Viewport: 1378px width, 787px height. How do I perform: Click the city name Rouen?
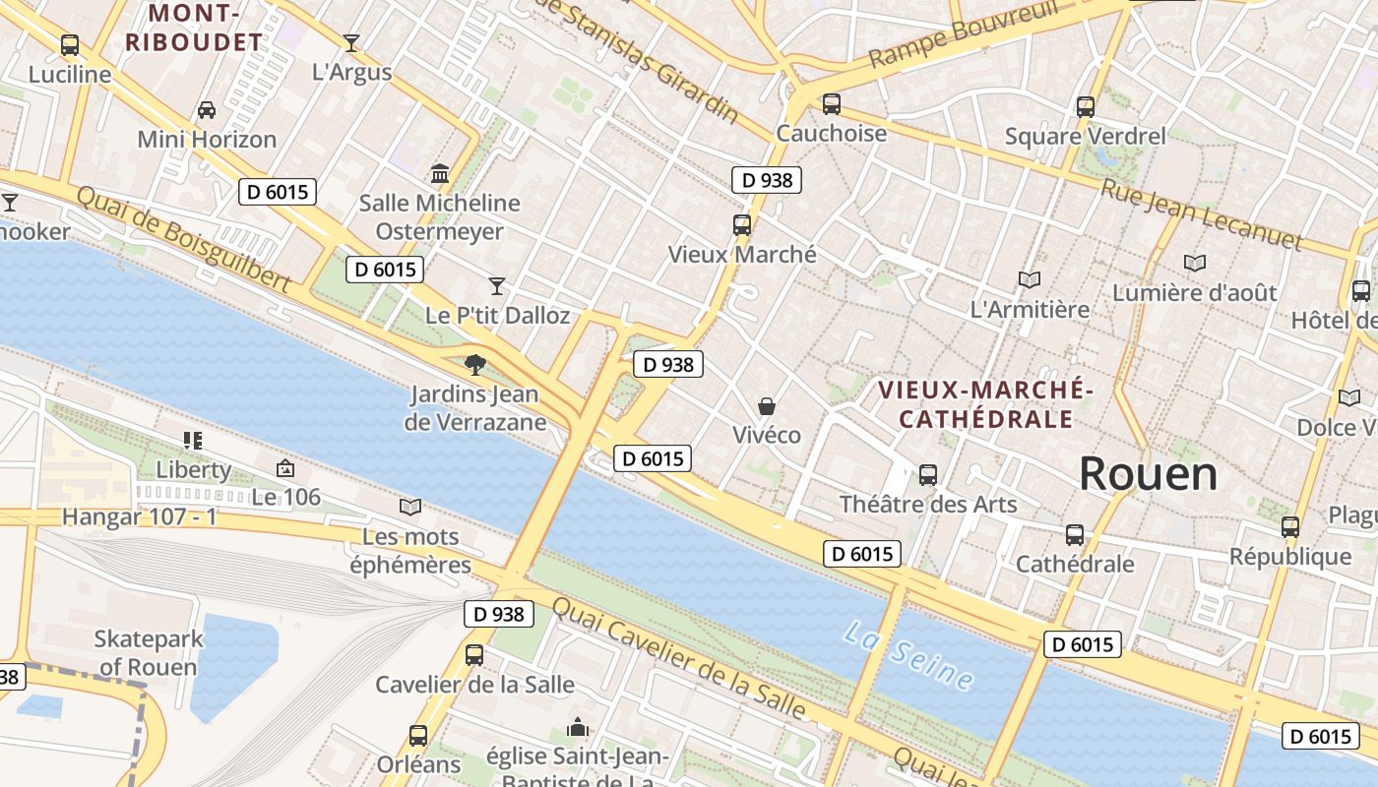click(x=1148, y=474)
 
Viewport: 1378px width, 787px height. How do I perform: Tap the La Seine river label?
click(x=908, y=654)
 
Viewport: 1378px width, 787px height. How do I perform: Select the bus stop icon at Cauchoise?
click(x=832, y=104)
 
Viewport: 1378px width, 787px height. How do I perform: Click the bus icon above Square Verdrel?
click(x=1085, y=107)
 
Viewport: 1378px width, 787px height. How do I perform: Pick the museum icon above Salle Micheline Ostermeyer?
click(x=440, y=174)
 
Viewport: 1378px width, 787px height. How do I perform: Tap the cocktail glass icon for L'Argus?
click(x=350, y=43)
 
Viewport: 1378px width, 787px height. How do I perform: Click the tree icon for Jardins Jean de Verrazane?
click(x=475, y=365)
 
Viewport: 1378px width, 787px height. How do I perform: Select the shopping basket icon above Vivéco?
click(x=766, y=406)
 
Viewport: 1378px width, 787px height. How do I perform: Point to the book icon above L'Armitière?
click(x=1030, y=280)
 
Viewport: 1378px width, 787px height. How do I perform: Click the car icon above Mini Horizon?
click(x=207, y=109)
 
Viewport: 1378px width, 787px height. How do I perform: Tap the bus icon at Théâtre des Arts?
click(x=927, y=475)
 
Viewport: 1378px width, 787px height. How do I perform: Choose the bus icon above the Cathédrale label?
click(x=1074, y=535)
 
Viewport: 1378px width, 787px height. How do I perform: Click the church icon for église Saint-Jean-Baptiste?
click(x=578, y=728)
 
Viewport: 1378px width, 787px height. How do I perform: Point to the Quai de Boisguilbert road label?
click(x=183, y=240)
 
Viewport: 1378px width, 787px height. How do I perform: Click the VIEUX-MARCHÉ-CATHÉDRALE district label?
click(x=985, y=403)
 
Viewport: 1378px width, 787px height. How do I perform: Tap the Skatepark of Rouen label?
click(x=149, y=652)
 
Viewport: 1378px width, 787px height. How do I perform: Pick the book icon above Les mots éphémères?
click(x=410, y=507)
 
